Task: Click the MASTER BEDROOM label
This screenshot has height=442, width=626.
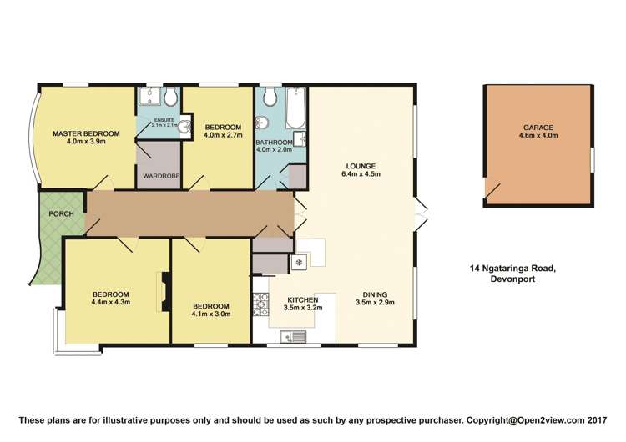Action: click(x=86, y=133)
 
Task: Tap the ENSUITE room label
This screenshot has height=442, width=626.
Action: click(x=164, y=120)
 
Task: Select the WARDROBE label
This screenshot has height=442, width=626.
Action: click(x=161, y=176)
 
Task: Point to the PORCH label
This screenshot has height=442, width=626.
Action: click(x=62, y=214)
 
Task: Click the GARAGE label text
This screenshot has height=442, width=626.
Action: click(x=538, y=128)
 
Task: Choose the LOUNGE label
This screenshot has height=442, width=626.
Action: click(x=361, y=166)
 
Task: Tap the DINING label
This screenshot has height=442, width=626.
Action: click(x=375, y=294)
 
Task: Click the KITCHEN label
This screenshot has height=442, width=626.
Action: click(x=303, y=300)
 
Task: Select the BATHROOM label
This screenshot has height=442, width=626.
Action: click(x=275, y=143)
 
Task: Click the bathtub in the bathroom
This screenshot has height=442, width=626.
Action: click(x=296, y=107)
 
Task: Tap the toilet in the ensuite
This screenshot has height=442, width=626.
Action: click(x=171, y=97)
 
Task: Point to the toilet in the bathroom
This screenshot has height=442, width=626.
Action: click(x=270, y=97)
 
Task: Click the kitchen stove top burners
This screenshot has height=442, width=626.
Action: click(x=260, y=304)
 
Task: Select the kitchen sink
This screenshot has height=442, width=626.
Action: click(x=293, y=337)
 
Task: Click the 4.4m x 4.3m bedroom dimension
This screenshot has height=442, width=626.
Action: click(x=110, y=302)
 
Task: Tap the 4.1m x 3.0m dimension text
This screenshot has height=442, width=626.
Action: click(x=211, y=314)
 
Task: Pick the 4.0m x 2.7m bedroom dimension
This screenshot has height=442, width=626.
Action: click(x=223, y=135)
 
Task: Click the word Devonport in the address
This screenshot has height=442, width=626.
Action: click(x=512, y=279)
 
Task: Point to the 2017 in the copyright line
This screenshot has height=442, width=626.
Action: click(x=598, y=420)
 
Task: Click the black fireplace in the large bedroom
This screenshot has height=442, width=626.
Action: click(x=166, y=292)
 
